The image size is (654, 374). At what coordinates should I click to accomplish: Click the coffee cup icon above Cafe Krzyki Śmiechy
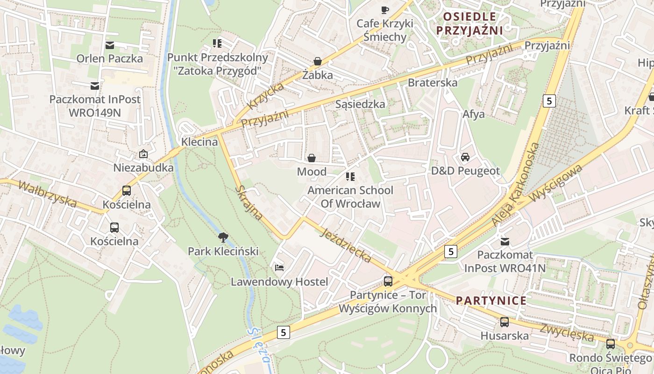click(385, 10)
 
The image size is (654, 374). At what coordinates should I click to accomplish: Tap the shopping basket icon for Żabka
click(318, 61)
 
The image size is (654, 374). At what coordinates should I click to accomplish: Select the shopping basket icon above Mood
click(311, 158)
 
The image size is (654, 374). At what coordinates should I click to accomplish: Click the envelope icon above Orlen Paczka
click(110, 45)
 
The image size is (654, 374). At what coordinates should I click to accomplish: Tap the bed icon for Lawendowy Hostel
click(279, 268)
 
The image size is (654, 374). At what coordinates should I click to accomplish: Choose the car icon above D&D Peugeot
click(465, 157)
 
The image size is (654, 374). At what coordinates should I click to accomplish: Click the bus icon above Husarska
click(505, 322)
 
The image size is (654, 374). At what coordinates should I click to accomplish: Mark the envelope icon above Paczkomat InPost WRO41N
click(505, 241)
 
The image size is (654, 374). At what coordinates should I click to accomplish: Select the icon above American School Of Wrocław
click(350, 177)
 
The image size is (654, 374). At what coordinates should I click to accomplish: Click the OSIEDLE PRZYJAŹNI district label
click(469, 23)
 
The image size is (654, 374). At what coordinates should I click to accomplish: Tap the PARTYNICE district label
click(491, 301)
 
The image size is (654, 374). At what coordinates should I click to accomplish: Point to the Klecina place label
click(200, 142)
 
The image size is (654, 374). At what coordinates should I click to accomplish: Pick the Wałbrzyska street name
click(47, 194)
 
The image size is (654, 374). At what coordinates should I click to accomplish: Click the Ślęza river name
click(260, 345)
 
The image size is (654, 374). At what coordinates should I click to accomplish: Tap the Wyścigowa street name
click(556, 183)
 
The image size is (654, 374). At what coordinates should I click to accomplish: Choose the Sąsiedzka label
click(360, 104)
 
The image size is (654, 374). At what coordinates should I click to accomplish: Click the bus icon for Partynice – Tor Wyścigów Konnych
click(388, 281)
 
